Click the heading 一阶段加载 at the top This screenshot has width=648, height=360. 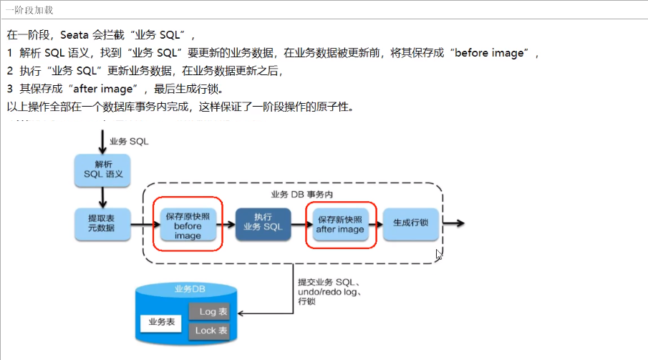pyautogui.click(x=27, y=11)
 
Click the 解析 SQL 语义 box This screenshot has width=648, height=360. pyautogui.click(x=103, y=169)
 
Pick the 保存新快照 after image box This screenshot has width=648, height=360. pyautogui.click(x=340, y=223)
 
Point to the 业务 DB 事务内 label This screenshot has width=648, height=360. pyautogui.click(x=301, y=194)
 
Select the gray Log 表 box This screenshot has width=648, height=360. pyautogui.click(x=213, y=312)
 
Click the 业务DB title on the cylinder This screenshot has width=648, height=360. pyautogui.click(x=188, y=289)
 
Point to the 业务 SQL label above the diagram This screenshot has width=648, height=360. pyautogui.click(x=129, y=141)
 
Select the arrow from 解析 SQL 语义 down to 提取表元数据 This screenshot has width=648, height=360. pyautogui.click(x=103, y=195)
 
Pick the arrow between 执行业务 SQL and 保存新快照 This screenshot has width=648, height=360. pyautogui.click(x=299, y=223)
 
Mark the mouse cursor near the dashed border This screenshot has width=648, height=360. pyautogui.click(x=438, y=253)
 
